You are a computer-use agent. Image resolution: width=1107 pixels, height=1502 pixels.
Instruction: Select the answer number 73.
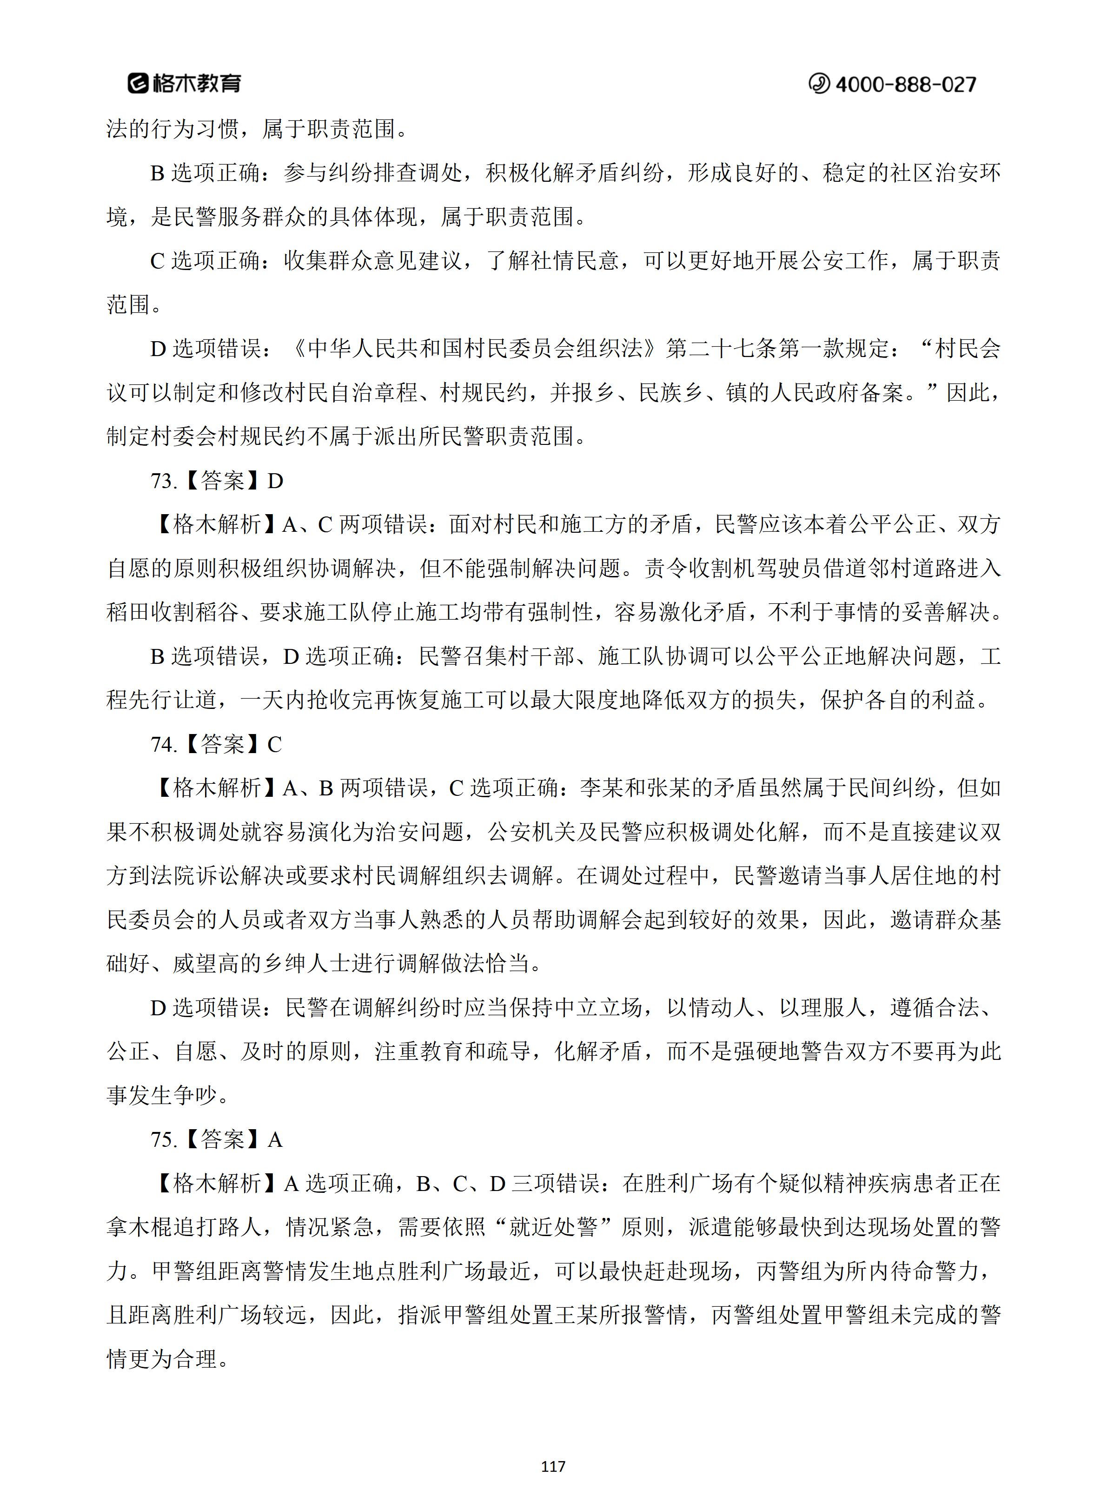click(164, 481)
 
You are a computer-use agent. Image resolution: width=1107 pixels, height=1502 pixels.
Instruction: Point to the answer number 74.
click(164, 744)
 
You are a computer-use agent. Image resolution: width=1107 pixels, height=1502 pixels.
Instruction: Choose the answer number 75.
click(164, 1139)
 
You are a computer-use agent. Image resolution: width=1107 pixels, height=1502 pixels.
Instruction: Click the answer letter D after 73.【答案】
click(275, 481)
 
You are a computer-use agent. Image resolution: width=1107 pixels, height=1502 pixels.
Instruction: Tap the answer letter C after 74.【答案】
click(275, 744)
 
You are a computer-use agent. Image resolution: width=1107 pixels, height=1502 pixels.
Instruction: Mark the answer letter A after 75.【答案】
click(275, 1139)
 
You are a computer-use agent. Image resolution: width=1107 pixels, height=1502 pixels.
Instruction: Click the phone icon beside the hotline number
click(819, 84)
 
